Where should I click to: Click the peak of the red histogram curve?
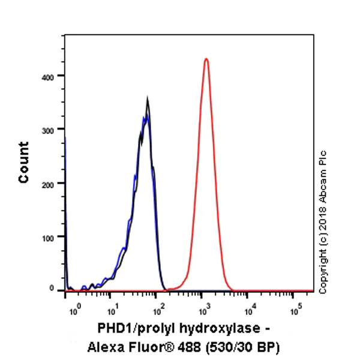tap(206, 59)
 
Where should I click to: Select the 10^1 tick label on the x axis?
tap(112, 310)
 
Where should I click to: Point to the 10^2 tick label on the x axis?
tap(158, 310)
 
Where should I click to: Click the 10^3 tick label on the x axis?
tap(205, 310)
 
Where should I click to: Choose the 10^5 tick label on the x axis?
tap(295, 310)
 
